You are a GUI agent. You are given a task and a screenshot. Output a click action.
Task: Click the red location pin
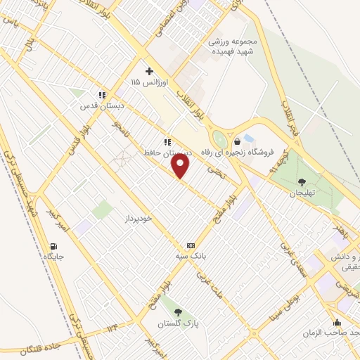181,167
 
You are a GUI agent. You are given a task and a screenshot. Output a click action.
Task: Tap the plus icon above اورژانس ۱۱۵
149,71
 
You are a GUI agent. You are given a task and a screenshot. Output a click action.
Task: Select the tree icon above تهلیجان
302,182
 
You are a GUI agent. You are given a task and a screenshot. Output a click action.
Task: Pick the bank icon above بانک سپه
190,243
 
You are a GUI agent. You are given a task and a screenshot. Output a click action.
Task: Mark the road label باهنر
340,229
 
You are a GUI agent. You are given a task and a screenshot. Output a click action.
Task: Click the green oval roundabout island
220,139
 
